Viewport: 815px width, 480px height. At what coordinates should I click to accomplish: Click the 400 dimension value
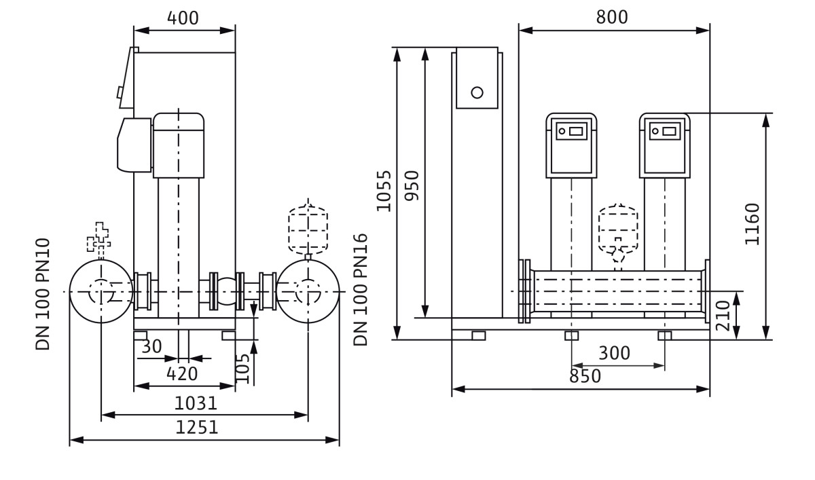pos(184,18)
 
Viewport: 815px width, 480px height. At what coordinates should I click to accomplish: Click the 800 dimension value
pos(612,17)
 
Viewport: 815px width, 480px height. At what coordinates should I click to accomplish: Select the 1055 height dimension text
pos(384,191)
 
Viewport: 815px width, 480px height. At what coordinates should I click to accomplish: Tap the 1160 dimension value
pos(752,224)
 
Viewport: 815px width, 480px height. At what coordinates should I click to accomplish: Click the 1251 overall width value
pos(197,427)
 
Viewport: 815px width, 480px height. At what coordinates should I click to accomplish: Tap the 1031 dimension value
pos(196,403)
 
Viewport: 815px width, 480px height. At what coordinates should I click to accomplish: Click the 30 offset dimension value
pos(151,347)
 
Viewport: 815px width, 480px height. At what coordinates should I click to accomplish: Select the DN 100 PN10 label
pos(43,293)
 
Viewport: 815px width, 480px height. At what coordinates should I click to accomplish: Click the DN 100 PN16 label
pos(361,289)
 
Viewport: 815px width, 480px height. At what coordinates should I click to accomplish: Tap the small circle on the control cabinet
pos(477,92)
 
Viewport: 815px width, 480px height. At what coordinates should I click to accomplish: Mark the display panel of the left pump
pos(571,130)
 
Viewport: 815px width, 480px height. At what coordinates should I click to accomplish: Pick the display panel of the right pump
pos(664,130)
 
